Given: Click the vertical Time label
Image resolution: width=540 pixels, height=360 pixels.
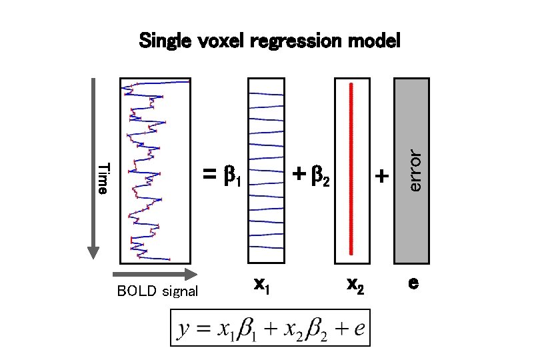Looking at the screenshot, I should pyautogui.click(x=102, y=178).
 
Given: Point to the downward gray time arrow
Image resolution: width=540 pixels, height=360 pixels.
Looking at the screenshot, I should pyautogui.click(x=93, y=167).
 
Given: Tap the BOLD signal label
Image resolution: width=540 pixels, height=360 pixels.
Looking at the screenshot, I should pyautogui.click(x=157, y=291).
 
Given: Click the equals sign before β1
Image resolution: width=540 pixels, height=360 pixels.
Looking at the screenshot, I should pyautogui.click(x=210, y=175).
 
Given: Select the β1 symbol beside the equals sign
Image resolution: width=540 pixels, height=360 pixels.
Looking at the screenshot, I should pyautogui.click(x=231, y=177).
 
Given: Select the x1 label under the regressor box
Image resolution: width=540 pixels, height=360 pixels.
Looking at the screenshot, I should pyautogui.click(x=262, y=285).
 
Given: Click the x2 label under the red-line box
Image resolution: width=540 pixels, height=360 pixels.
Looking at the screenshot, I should pyautogui.click(x=356, y=285).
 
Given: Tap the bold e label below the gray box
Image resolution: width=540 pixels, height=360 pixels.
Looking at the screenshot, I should pyautogui.click(x=413, y=283).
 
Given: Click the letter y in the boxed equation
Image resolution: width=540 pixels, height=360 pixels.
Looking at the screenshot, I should pyautogui.click(x=183, y=330).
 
